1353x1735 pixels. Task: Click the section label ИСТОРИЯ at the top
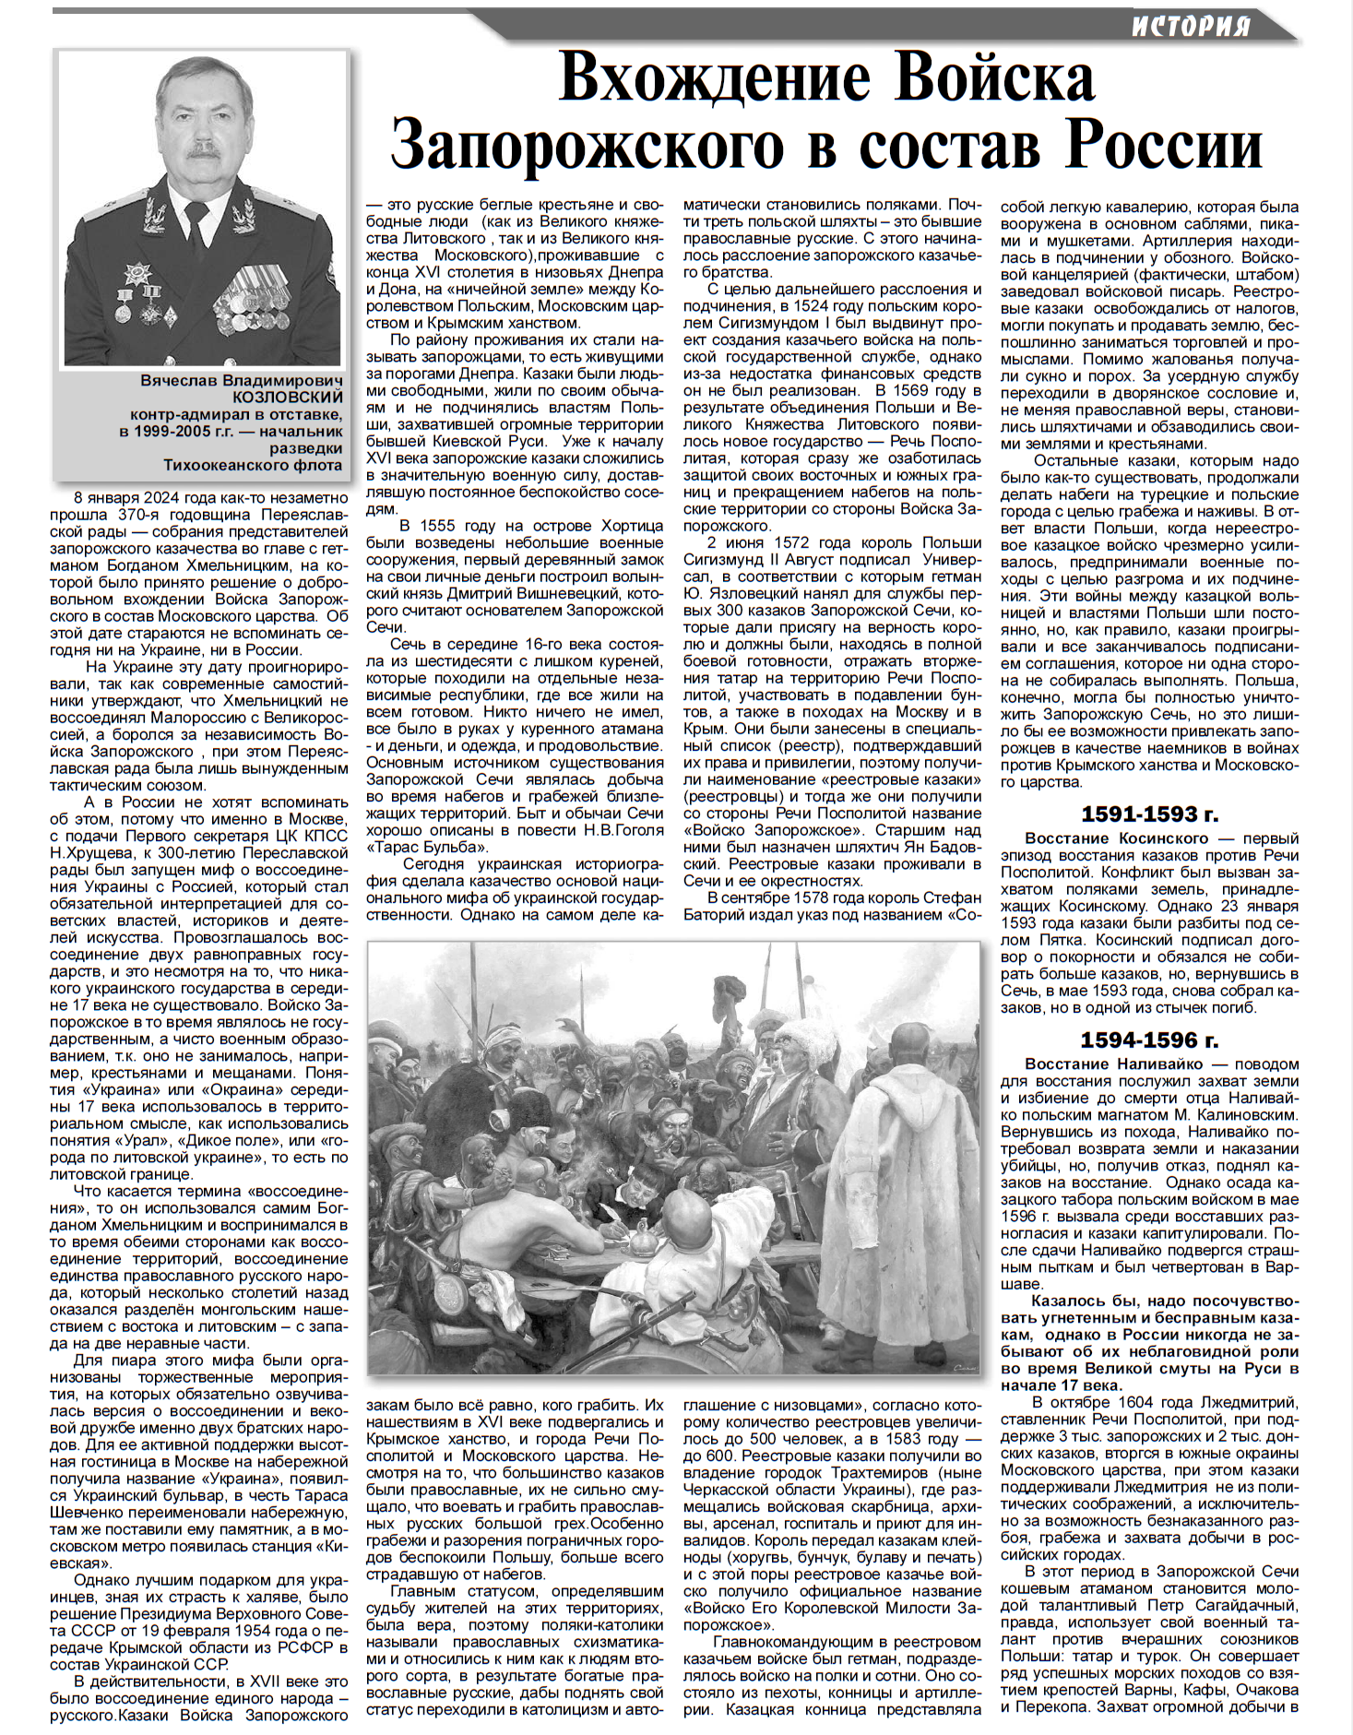pos(1191,26)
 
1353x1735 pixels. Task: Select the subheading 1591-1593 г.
pos(1149,814)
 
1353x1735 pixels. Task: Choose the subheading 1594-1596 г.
pos(1149,1040)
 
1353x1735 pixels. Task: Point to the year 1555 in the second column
pos(438,526)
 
